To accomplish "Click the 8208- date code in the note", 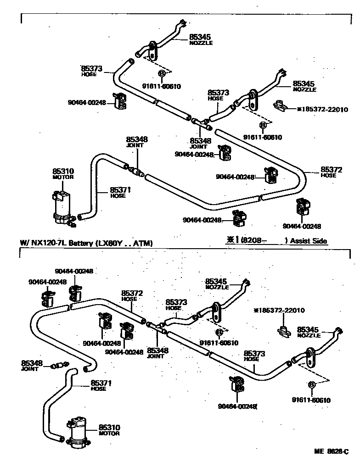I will point(255,240).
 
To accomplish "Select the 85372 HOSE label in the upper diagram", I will point(331,172).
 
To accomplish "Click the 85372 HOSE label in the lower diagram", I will point(129,295).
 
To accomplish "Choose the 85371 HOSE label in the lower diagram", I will point(101,385).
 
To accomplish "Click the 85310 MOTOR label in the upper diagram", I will point(63,174).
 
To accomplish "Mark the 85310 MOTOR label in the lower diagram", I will point(109,430).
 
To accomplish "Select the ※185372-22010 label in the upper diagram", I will point(322,110).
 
